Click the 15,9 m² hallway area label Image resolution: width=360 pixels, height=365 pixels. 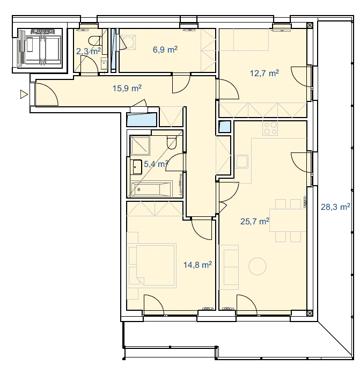pos(127,88)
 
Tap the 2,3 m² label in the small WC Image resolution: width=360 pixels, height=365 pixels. pos(89,51)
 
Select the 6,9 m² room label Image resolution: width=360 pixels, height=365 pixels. pos(165,49)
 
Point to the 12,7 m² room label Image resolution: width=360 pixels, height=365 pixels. pos(265,73)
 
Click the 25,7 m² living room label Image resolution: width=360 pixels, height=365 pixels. pos(255,221)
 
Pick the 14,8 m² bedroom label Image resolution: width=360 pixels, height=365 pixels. pos(197,265)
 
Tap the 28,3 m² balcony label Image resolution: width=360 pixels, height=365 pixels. pos(335,207)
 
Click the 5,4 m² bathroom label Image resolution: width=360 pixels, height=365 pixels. pos(156,164)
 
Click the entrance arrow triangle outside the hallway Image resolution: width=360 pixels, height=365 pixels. pos(24,94)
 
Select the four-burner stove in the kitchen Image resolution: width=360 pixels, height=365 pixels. pos(270,128)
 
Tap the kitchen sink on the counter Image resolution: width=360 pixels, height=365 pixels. pos(241,162)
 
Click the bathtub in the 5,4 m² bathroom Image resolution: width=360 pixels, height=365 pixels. pos(151,189)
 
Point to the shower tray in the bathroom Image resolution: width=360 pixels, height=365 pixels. pos(139,145)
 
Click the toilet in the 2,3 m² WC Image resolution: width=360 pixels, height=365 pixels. pos(95,41)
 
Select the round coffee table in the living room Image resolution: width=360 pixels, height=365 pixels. pos(257,266)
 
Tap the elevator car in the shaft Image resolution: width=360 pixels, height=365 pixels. pos(40,48)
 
